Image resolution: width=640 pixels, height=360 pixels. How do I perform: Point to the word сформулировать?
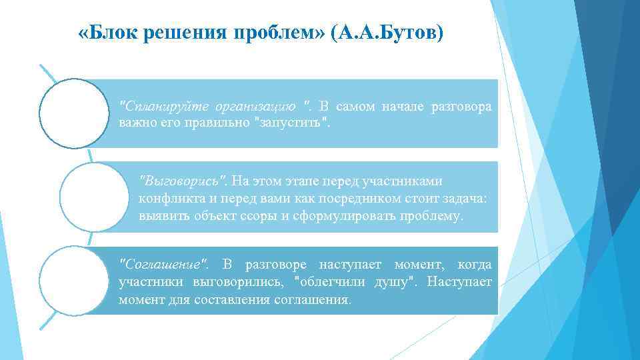point(329,216)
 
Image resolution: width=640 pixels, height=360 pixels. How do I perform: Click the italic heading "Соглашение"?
point(163,265)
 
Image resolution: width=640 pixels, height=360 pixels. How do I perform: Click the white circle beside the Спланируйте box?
point(73,113)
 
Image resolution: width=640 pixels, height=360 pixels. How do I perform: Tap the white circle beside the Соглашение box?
point(73,280)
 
